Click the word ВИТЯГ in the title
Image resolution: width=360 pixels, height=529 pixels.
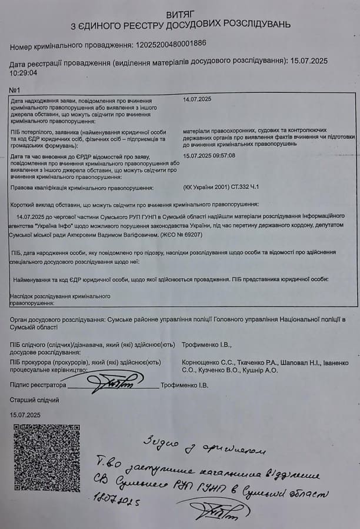pyautogui.click(x=179, y=13)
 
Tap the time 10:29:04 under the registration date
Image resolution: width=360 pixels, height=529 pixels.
pyautogui.click(x=24, y=73)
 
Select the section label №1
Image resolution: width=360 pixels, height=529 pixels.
pyautogui.click(x=15, y=89)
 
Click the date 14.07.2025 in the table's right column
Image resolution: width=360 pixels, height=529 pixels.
pyautogui.click(x=198, y=99)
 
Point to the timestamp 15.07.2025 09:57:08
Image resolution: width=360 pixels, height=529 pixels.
pyautogui.click(x=209, y=155)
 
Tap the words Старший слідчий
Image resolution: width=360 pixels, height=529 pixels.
pyautogui.click(x=34, y=400)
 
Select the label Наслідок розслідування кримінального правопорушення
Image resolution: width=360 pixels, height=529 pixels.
pyautogui.click(x=60, y=299)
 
